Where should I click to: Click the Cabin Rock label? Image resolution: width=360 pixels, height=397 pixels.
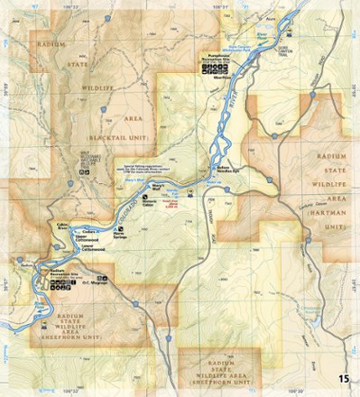point(62,224)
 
